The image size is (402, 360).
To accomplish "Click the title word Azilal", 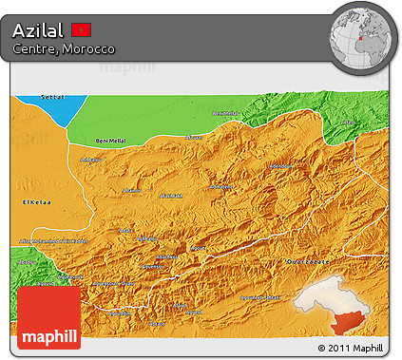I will (x=39, y=29).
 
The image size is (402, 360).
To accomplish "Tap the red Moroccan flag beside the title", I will (x=82, y=29).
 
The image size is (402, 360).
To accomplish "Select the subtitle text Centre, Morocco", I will (x=64, y=48).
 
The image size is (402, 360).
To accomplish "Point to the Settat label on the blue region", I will (x=50, y=97).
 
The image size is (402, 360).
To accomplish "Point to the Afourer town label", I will (x=194, y=137).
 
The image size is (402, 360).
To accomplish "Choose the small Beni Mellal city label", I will (x=227, y=113).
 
